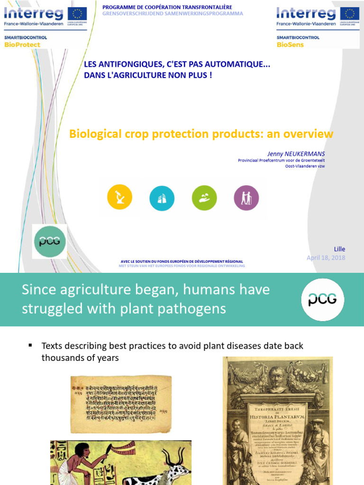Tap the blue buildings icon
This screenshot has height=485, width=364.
[x=162, y=198]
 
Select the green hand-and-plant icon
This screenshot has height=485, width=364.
[x=204, y=198]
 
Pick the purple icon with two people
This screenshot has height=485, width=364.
[x=246, y=198]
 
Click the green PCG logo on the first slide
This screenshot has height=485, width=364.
[x=49, y=242]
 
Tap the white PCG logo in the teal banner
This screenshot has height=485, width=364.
[x=323, y=300]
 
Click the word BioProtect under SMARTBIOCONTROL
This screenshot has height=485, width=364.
[x=22, y=45]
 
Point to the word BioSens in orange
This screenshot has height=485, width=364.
[x=290, y=45]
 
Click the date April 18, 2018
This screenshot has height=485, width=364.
[x=326, y=258]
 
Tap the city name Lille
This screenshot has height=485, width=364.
[x=339, y=249]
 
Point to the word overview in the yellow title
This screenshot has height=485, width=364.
[x=308, y=134]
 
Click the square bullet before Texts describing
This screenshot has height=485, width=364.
[x=31, y=346]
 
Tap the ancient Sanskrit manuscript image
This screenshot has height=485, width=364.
[x=121, y=398]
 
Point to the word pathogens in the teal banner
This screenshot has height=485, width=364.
[x=191, y=309]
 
